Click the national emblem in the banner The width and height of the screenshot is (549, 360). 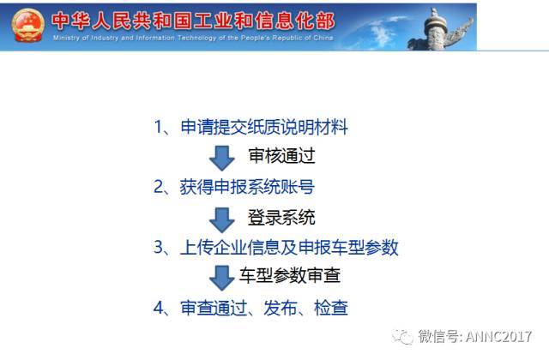(28, 25)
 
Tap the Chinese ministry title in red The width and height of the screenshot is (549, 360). (193, 21)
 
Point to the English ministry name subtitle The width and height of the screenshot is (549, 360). (193, 38)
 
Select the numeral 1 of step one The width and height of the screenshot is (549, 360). (159, 127)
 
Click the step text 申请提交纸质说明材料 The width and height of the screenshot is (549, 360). (264, 127)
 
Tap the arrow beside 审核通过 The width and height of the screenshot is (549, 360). (221, 158)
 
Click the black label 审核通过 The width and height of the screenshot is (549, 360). (282, 156)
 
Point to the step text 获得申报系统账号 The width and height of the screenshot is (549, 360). (247, 187)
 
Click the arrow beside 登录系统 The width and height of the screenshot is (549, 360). (221, 220)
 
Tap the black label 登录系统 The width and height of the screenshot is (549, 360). (281, 217)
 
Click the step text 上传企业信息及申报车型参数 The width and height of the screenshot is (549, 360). (289, 248)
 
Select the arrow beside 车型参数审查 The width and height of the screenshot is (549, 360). (221, 278)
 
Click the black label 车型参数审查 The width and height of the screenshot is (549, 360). (290, 275)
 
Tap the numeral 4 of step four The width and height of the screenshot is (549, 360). (159, 308)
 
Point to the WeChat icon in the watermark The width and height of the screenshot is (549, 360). (402, 337)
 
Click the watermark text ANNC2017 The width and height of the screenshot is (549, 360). (499, 337)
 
